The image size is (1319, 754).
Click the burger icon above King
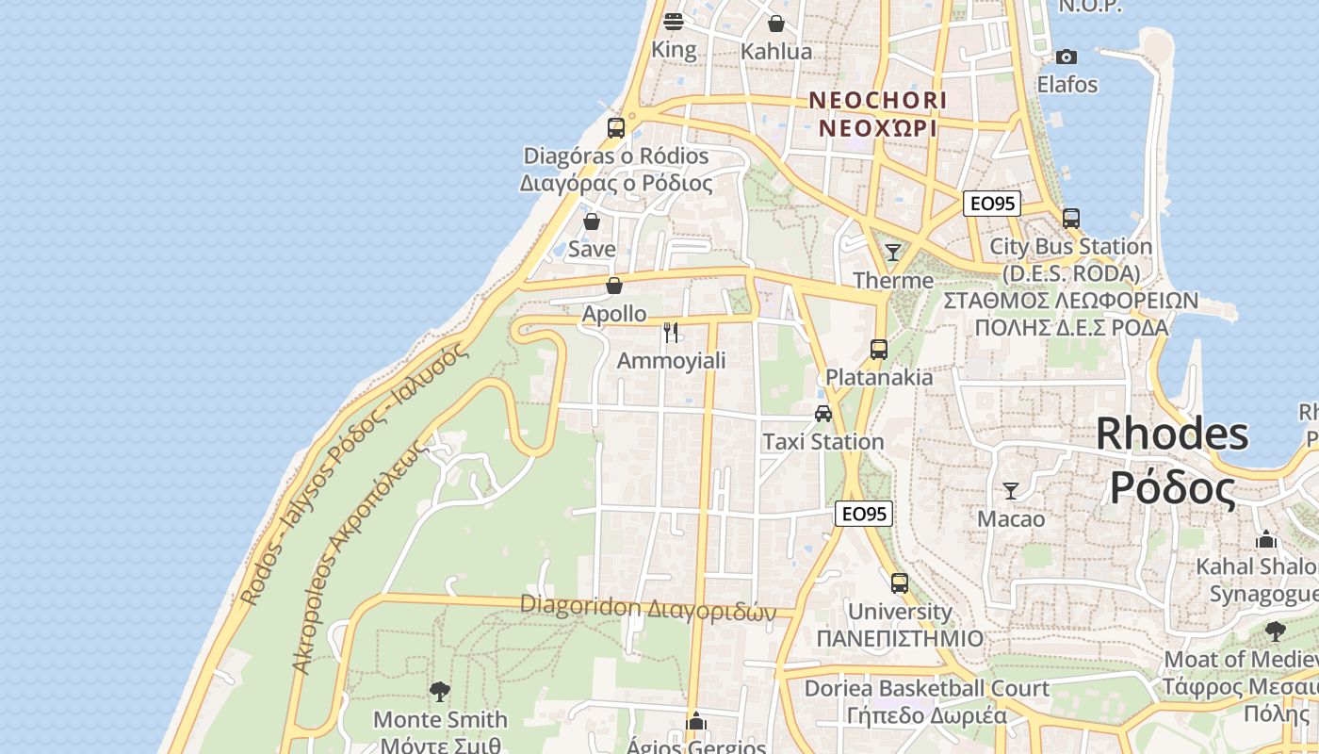[x=674, y=21]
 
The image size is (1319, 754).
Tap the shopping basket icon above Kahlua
[x=776, y=24]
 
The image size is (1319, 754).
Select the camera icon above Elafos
[x=1067, y=57]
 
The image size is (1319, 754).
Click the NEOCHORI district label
[x=878, y=100]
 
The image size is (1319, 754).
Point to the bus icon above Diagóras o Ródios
[x=616, y=127]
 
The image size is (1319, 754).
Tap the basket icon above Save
[x=592, y=222]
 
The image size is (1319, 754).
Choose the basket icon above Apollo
[x=614, y=286]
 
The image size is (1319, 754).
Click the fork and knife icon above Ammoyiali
[x=671, y=332]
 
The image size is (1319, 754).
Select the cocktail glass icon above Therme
[x=893, y=253]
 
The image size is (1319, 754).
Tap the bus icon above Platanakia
[x=879, y=350]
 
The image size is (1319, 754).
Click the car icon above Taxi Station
[x=823, y=413]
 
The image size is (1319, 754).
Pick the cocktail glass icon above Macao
[x=1011, y=491]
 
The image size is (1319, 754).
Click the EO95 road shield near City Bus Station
[x=992, y=203]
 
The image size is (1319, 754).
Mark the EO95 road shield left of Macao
[x=864, y=514]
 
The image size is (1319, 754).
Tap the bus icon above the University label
[x=900, y=583]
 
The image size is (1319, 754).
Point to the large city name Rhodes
[x=1172, y=434]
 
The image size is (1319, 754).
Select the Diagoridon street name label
[x=647, y=608]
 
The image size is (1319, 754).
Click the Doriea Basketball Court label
[x=926, y=689]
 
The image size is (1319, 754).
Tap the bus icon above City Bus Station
[x=1071, y=219]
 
